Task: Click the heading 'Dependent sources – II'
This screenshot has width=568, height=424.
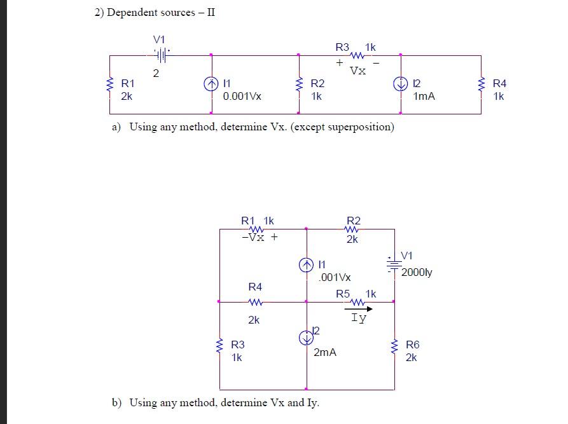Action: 161,13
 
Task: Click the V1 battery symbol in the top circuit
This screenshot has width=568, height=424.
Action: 161,55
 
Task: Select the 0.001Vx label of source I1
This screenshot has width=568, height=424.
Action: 242,97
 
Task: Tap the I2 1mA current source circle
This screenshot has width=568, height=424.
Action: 401,84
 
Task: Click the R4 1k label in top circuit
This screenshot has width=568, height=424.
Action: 499,90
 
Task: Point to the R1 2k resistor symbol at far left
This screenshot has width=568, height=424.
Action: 110,85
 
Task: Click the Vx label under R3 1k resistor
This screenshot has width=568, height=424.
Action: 358,71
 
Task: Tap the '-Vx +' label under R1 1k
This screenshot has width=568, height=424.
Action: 260,236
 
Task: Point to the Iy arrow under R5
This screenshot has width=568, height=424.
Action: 359,310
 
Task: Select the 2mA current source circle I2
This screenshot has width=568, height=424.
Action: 306,338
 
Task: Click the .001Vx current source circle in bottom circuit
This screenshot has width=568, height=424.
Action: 306,264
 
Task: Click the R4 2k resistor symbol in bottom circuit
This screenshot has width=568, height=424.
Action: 254,303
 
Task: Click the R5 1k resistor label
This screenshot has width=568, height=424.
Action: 356,294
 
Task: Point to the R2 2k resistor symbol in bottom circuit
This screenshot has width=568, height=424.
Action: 352,230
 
